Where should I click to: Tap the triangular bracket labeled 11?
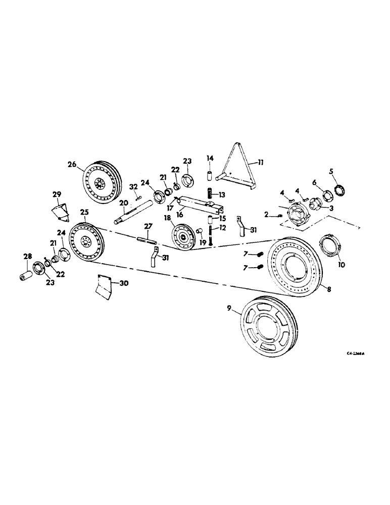coord(237,162)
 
